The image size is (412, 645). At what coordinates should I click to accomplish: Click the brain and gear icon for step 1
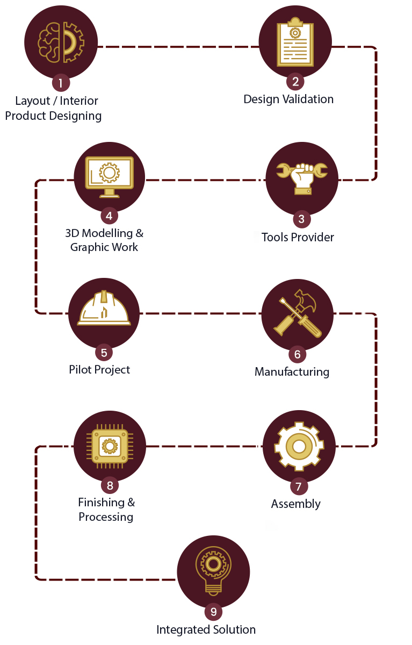pyautogui.click(x=61, y=41)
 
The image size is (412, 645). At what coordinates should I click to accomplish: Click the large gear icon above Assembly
pyautogui.click(x=299, y=446)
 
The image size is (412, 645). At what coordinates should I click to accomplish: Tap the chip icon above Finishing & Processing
pyautogui.click(x=110, y=446)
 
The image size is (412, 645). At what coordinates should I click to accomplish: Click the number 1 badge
pyautogui.click(x=61, y=83)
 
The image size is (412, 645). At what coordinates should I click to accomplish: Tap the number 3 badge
pyautogui.click(x=301, y=219)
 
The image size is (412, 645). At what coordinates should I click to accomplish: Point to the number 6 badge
pyautogui.click(x=297, y=354)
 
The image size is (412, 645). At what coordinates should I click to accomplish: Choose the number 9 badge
pyautogui.click(x=213, y=612)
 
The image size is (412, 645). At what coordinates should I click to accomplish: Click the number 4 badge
pyautogui.click(x=109, y=216)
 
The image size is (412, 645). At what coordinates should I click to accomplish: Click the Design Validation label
pyautogui.click(x=288, y=99)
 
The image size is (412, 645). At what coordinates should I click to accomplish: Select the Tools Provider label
pyautogui.click(x=298, y=237)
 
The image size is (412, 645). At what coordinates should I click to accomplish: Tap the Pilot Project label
pyautogui.click(x=99, y=369)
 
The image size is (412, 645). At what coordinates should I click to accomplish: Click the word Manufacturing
pyautogui.click(x=292, y=371)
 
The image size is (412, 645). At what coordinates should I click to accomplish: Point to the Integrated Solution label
pyautogui.click(x=206, y=629)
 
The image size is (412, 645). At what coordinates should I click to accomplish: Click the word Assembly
pyautogui.click(x=295, y=504)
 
